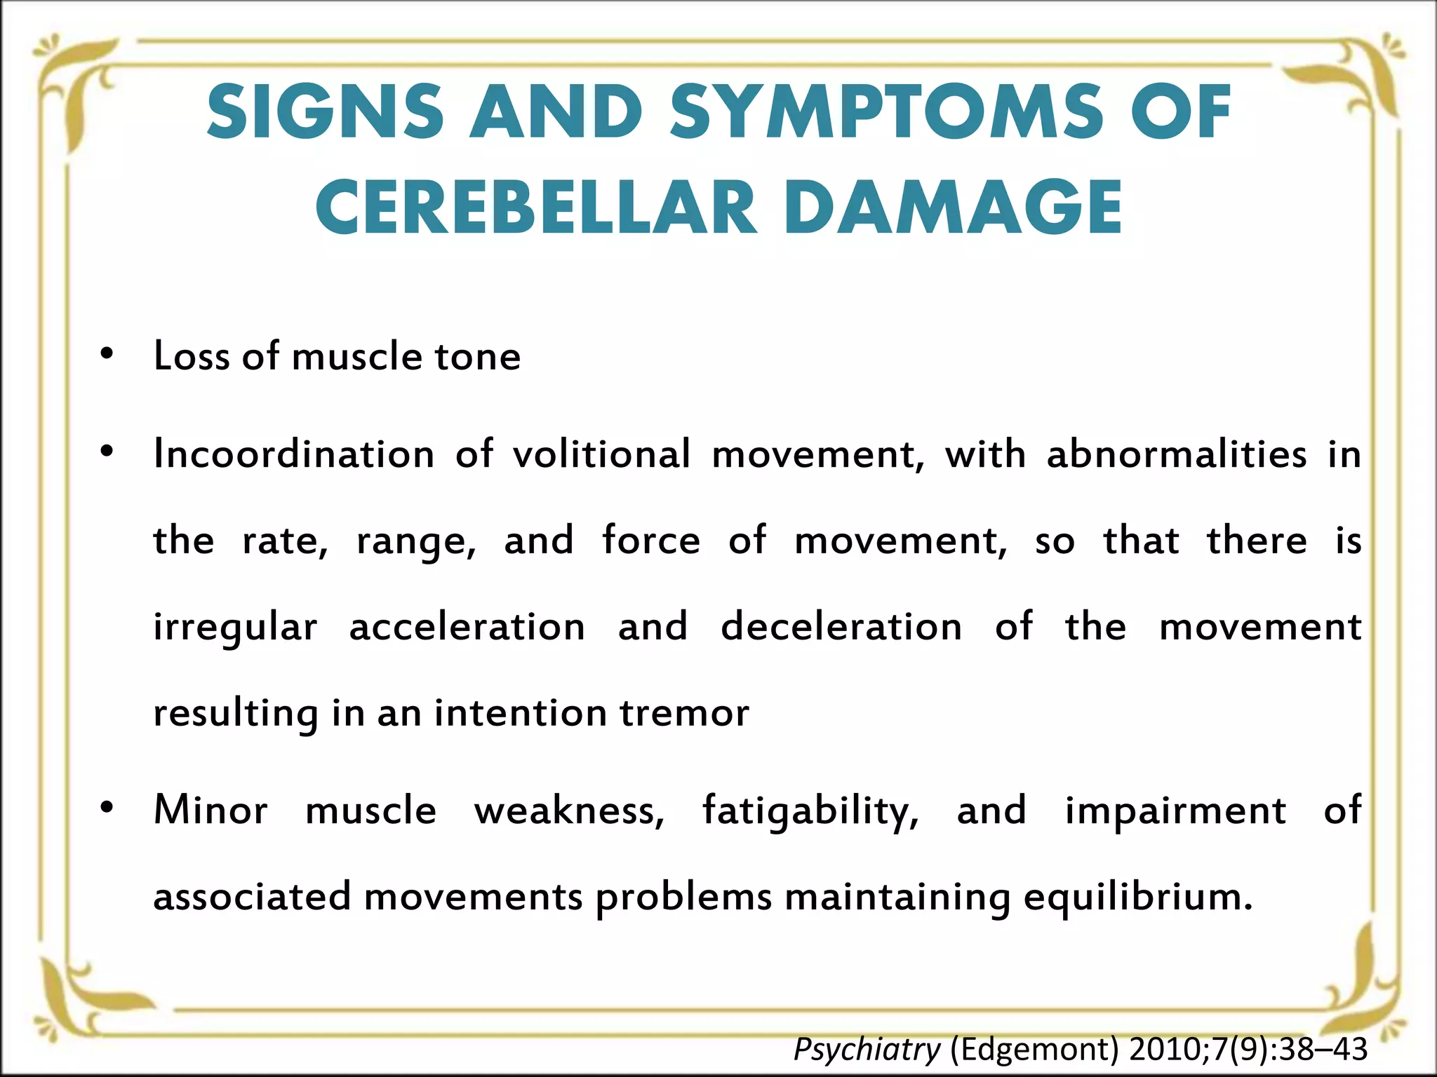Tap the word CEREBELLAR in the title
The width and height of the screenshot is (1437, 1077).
[x=537, y=208]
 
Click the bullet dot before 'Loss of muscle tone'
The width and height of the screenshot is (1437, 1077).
[x=107, y=353]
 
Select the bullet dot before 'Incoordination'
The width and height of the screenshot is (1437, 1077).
[x=107, y=452]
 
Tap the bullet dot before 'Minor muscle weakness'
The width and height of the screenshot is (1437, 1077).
[x=107, y=808]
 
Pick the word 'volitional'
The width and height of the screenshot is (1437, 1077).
[x=602, y=454]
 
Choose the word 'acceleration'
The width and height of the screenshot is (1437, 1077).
[x=467, y=627]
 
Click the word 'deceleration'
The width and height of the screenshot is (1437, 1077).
[x=841, y=627]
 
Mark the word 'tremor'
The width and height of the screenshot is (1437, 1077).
[x=684, y=713]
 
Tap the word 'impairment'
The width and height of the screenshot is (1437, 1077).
[x=1175, y=811]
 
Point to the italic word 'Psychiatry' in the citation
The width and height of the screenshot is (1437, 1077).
[x=867, y=1050]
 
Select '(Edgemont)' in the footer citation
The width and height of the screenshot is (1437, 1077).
[x=1035, y=1050]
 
